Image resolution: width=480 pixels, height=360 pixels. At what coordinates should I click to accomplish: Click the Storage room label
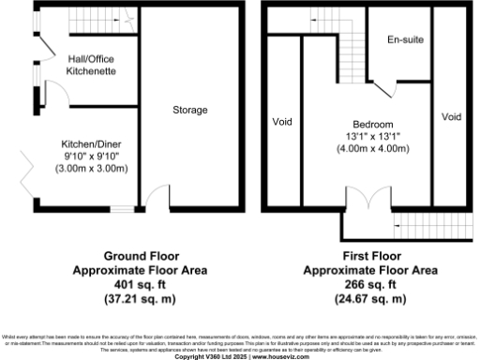[190, 111]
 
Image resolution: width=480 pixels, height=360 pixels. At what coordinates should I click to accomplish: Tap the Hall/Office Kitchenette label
[90, 64]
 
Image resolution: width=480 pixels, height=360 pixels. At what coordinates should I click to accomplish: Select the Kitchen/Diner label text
[89, 143]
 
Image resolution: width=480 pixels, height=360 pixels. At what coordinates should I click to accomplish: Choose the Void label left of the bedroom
[283, 122]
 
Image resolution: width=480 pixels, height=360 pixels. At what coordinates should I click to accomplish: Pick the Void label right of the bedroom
[452, 117]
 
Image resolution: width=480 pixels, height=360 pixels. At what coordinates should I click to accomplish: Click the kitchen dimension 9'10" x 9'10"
[89, 156]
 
